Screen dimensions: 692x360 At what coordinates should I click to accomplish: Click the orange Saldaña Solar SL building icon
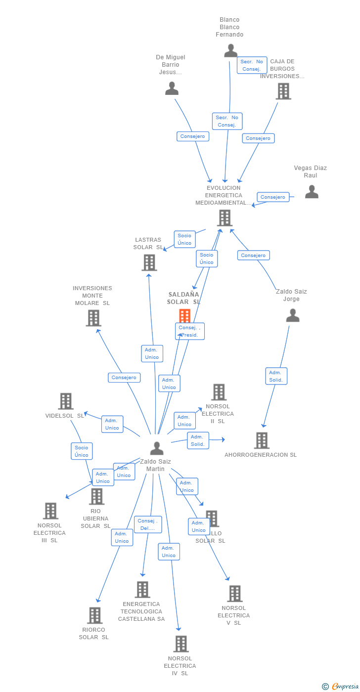tap(184, 315)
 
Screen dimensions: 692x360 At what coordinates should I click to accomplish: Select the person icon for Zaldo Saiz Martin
tap(157, 448)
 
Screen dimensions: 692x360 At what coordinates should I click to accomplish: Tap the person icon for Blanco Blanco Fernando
tap(230, 50)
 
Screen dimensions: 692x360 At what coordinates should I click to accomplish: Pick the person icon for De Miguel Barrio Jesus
tap(172, 88)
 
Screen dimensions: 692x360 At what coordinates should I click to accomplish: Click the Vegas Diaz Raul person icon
tap(312, 192)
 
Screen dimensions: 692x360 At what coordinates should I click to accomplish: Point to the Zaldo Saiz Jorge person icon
tap(293, 315)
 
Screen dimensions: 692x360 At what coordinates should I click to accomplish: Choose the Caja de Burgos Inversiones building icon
tap(283, 91)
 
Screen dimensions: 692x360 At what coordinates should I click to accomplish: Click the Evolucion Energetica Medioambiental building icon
tap(225, 218)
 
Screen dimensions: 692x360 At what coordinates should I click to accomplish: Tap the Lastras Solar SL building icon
tap(149, 262)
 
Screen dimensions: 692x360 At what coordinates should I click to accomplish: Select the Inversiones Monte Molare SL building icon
tap(93, 318)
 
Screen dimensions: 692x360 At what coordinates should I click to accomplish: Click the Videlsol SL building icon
tap(66, 401)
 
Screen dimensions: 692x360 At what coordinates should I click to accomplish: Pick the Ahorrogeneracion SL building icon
tap(262, 440)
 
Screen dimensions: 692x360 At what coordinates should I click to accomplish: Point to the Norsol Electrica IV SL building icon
tap(181, 644)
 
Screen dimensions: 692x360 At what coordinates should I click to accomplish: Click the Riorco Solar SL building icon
tap(95, 615)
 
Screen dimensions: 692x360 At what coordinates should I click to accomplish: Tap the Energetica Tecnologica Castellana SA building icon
tap(142, 589)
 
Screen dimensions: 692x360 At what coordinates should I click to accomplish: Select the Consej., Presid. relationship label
tap(189, 331)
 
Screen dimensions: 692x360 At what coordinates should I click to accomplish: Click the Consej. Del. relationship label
tap(148, 524)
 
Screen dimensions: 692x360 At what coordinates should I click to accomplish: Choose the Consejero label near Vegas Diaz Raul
tap(273, 197)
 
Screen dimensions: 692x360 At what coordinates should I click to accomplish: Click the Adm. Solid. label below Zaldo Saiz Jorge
tap(276, 376)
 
